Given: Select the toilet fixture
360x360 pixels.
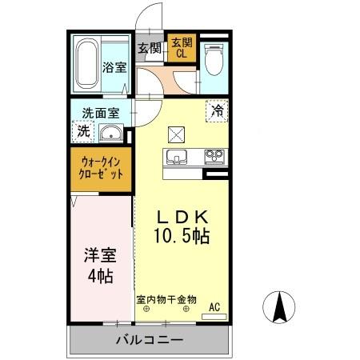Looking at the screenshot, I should pyautogui.click(x=213, y=61).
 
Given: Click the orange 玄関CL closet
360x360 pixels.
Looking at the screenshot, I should pyautogui.click(x=181, y=49).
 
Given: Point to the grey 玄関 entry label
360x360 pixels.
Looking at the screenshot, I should pyautogui.click(x=150, y=48).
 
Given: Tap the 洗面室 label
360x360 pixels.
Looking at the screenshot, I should pyautogui.click(x=98, y=112).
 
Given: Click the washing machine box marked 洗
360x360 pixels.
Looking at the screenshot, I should pyautogui.click(x=83, y=130).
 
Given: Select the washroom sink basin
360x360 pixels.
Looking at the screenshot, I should pyautogui.click(x=113, y=133).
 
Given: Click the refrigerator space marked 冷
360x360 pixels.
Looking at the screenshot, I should pyautogui.click(x=217, y=110).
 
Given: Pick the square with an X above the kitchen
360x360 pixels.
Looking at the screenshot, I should pyautogui.click(x=176, y=134).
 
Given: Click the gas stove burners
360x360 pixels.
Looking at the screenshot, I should pyautogui.click(x=214, y=155).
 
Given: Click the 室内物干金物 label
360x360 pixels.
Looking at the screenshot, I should pyautogui.click(x=166, y=300).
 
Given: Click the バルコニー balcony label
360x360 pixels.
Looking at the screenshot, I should pyautogui.click(x=150, y=340).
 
